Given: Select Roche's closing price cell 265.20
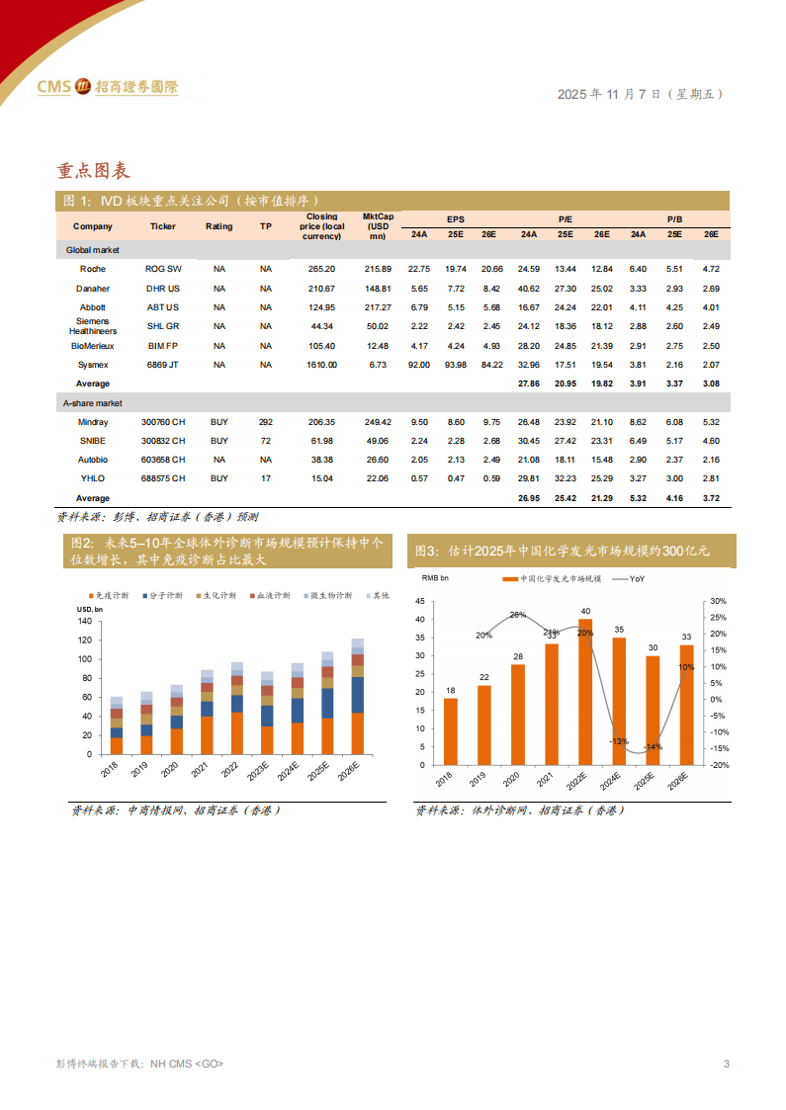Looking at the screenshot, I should pos(321,269).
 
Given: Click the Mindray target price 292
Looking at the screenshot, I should pos(265,422).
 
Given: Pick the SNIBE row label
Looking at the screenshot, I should pos(93,441).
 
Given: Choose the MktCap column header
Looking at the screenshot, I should pos(378,225).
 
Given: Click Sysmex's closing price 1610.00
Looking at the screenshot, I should pos(321,365).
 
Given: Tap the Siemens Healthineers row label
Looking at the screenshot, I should pos(93,326).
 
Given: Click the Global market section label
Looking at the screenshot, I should pos(93,251).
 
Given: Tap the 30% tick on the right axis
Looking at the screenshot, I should pos(718,601).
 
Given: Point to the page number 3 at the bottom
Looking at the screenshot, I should pos(727,1064).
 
